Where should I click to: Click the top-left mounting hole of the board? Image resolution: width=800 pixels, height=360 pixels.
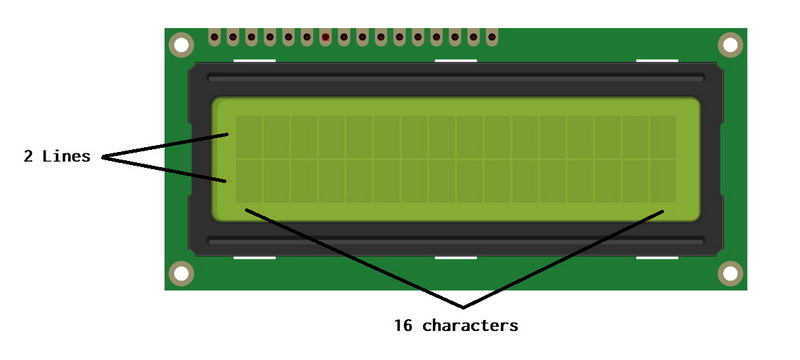[181, 45]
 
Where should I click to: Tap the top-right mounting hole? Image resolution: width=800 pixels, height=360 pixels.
[730, 45]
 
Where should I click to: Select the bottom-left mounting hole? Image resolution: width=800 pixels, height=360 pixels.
[181, 272]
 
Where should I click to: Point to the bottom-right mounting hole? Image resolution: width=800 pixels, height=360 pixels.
[730, 272]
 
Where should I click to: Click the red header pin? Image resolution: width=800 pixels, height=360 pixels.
[325, 39]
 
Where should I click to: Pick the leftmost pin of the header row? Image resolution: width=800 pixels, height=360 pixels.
[214, 39]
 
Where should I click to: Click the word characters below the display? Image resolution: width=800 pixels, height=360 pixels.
[470, 325]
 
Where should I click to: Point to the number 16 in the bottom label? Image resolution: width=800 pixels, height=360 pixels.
[404, 325]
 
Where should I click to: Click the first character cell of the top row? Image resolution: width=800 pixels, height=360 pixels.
[248, 137]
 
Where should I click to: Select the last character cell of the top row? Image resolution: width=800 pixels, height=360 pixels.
[662, 137]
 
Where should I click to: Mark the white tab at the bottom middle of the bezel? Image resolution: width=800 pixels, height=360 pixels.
[455, 257]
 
